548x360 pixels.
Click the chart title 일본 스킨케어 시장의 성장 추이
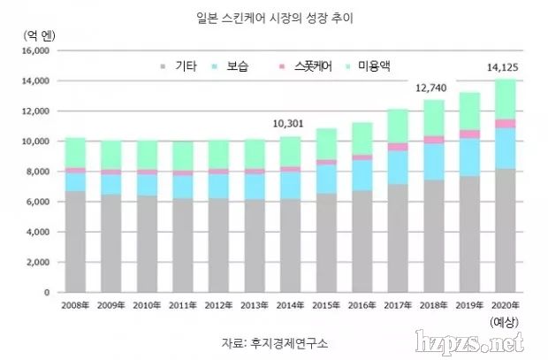point(273,16)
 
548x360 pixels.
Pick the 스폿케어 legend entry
point(306,67)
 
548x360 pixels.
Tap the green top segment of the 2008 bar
point(76,153)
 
